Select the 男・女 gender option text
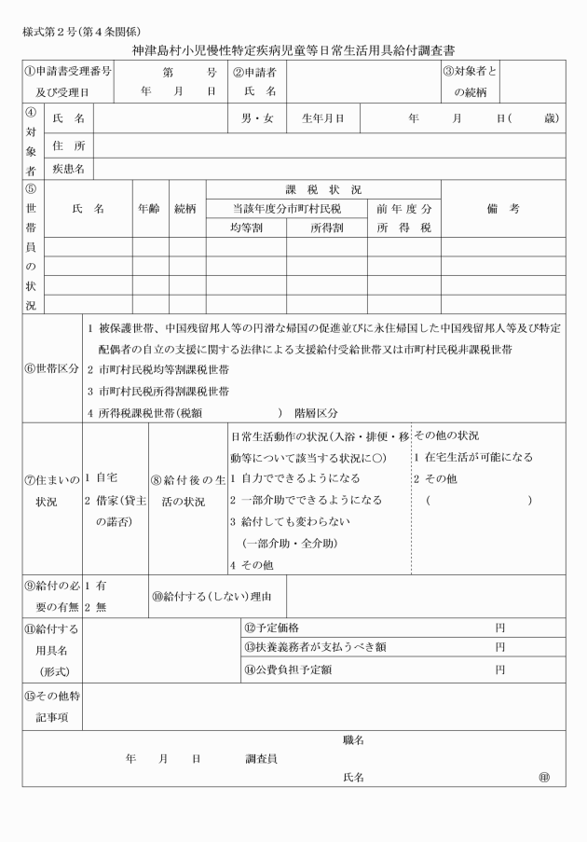tap(253, 118)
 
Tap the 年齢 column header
tap(148, 210)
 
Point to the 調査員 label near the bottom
tap(261, 759)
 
